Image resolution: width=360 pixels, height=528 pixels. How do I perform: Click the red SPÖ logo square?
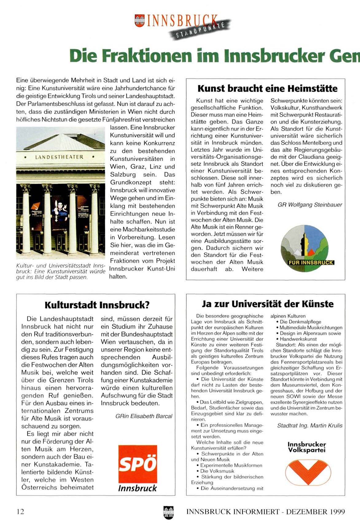[x=138, y=464]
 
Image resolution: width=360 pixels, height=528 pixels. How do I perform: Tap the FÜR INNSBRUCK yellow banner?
[x=311, y=263]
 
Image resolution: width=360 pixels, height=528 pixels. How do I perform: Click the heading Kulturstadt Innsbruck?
[x=97, y=305]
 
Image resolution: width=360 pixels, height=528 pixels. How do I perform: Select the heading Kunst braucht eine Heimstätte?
[x=267, y=89]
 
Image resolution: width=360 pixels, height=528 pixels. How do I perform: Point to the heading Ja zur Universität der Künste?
[x=268, y=304]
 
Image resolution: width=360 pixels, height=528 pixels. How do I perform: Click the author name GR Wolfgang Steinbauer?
[x=310, y=205]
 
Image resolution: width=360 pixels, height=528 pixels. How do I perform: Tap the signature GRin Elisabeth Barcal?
[x=144, y=416]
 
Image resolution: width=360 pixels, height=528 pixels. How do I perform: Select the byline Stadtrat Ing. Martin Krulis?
[x=309, y=426]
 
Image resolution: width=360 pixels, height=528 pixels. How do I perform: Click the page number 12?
[x=20, y=511]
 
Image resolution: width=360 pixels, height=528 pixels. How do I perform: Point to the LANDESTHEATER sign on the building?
[x=59, y=157]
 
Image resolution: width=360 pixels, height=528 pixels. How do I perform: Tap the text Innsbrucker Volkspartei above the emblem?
[x=307, y=447]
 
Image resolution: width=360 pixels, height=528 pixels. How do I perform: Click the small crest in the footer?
[x=169, y=512]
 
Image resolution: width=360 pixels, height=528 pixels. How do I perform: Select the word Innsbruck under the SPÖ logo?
[x=137, y=488]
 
